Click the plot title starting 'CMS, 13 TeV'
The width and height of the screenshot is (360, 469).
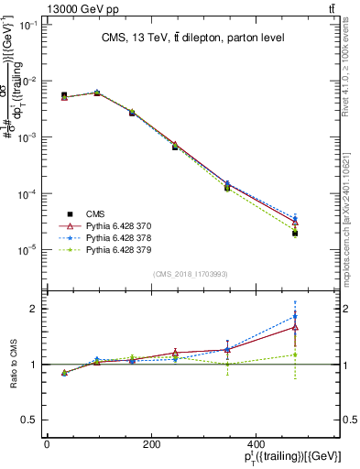[x=192, y=38]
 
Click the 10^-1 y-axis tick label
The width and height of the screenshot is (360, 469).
[x=26, y=25]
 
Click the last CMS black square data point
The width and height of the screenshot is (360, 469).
[x=295, y=234]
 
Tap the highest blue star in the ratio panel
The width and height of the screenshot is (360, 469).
[x=295, y=317]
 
